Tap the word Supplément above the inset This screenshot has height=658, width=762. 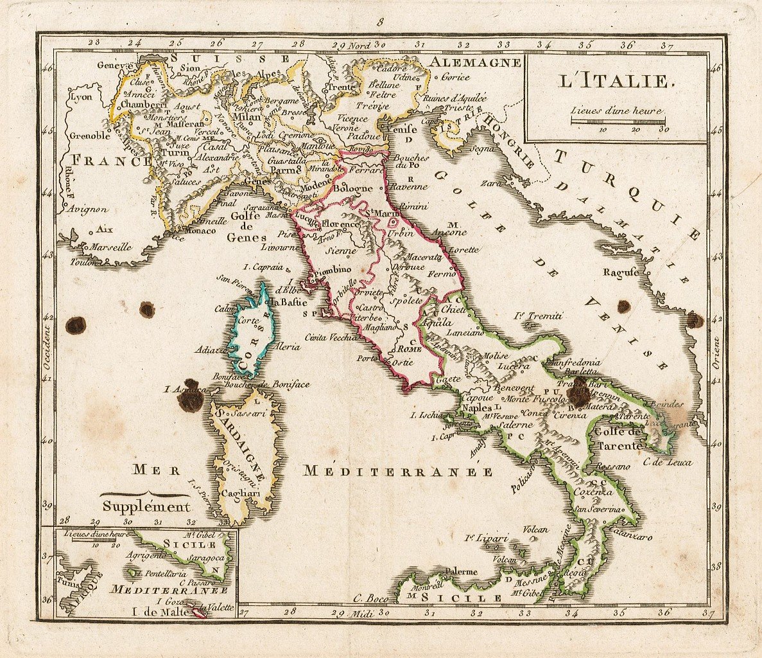tap(147, 506)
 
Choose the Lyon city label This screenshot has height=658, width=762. tap(82, 98)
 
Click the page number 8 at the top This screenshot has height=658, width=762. tap(380, 22)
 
